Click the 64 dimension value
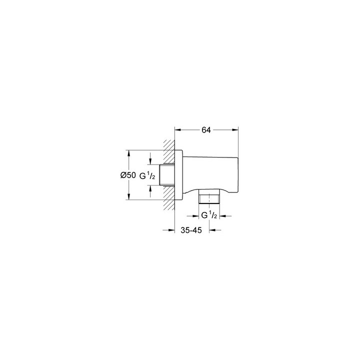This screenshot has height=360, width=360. [x=206, y=130]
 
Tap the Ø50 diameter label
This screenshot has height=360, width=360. [x=128, y=175]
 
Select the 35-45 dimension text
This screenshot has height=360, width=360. [x=191, y=230]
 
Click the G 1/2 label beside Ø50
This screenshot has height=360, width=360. [x=147, y=176]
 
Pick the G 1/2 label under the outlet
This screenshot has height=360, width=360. [x=209, y=215]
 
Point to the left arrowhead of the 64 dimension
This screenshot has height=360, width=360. [x=178, y=129]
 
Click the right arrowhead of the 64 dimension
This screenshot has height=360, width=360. [x=235, y=129]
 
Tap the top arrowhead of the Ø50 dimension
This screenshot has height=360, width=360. [x=129, y=153]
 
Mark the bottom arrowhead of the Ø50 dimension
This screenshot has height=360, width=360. [x=129, y=196]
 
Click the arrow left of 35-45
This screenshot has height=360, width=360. [x=169, y=230]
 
